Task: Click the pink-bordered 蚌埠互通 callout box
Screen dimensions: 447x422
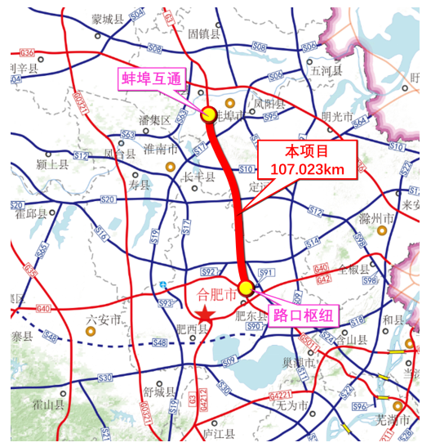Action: click(152, 80)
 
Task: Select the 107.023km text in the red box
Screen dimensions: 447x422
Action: click(308, 170)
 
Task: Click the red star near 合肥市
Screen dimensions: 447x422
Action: click(203, 315)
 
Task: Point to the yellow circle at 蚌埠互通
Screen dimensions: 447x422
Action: click(208, 114)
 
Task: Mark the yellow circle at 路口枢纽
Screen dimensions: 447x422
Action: click(245, 288)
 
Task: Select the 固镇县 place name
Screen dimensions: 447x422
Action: click(204, 35)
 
